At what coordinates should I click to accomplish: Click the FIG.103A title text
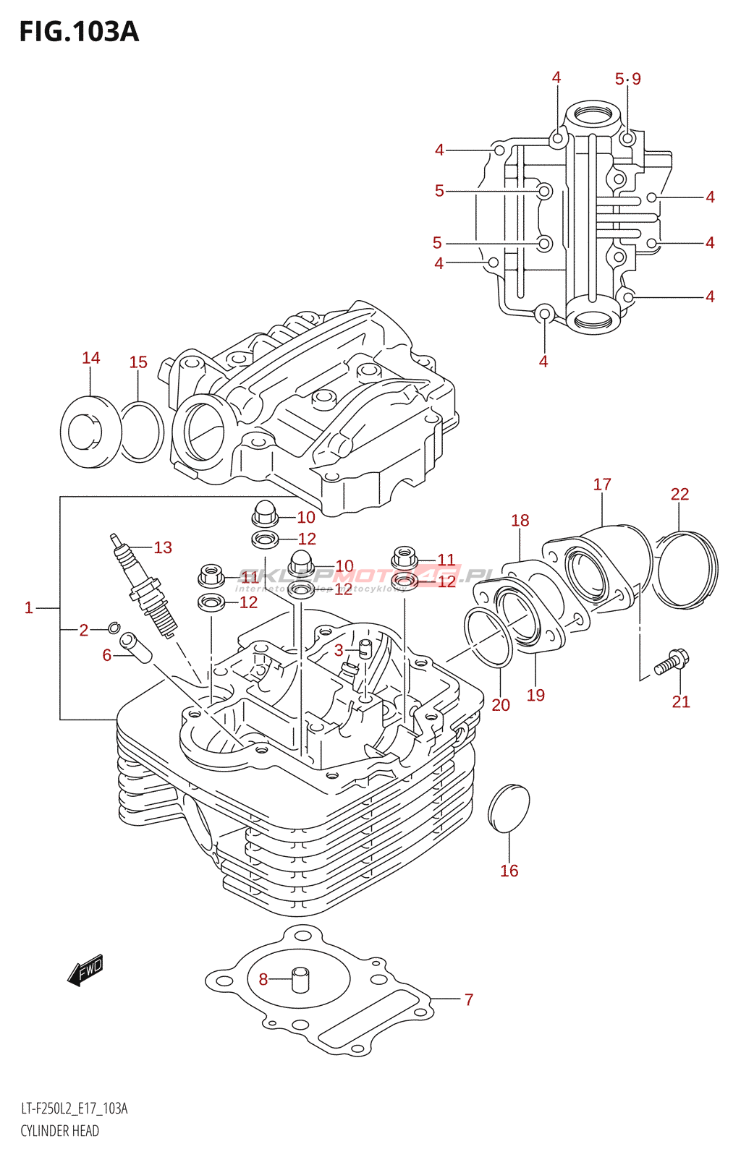click(x=78, y=32)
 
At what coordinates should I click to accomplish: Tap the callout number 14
click(x=90, y=358)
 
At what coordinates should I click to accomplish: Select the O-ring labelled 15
click(x=141, y=432)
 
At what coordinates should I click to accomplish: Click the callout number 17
click(x=602, y=484)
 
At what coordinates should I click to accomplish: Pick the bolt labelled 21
click(x=672, y=661)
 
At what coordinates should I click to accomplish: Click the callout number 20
click(x=501, y=705)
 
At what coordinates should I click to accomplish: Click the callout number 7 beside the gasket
click(x=469, y=999)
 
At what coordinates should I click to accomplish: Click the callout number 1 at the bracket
click(x=29, y=607)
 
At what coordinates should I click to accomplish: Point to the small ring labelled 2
click(x=114, y=627)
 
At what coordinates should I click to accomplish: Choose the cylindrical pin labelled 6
click(x=135, y=647)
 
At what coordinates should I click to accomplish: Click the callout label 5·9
click(x=627, y=79)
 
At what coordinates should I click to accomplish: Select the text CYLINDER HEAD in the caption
click(x=59, y=1131)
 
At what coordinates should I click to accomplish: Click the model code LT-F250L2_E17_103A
click(x=74, y=1109)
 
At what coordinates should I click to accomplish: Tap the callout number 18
click(x=520, y=521)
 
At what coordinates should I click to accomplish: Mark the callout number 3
click(x=339, y=650)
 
